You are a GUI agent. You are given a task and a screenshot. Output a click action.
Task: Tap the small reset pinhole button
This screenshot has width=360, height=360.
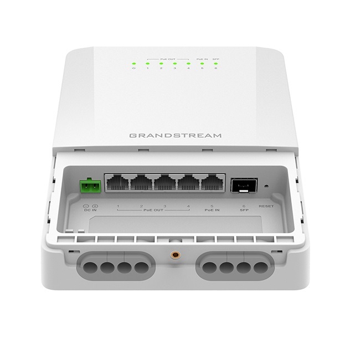266,187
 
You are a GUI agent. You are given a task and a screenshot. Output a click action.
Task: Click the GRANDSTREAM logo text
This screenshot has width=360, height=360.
174,135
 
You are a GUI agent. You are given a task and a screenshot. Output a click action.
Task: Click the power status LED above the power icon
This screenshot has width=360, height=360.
133,64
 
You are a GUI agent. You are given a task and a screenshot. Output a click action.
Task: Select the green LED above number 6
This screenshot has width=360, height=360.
215,64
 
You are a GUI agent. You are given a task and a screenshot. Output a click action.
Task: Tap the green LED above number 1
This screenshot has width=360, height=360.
147,64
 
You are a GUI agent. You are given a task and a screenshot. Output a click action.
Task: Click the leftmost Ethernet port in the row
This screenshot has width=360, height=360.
117,183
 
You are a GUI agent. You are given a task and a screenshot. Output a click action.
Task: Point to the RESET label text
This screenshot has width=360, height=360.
266,207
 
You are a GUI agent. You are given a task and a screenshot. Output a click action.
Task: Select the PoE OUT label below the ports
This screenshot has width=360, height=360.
153,211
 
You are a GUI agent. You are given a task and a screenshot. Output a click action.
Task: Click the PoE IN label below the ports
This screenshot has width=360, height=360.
211,211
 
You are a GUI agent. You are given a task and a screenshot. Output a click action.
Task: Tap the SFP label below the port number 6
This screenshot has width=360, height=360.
241,211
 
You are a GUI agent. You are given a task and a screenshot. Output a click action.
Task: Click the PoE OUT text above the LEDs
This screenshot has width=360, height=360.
168,57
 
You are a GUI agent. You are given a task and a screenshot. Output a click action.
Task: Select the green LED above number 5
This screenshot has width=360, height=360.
202,64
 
